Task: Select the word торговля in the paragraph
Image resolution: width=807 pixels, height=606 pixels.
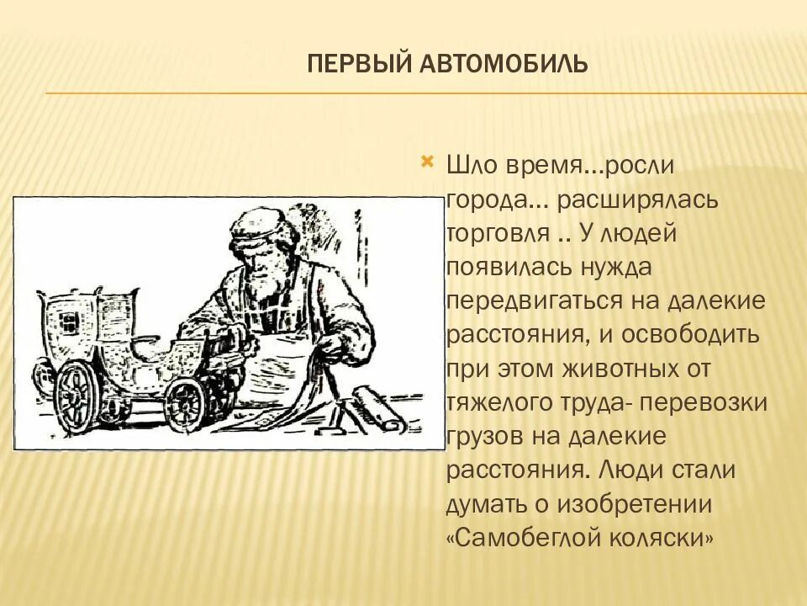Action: click(494, 234)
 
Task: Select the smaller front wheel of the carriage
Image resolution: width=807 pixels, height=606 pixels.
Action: click(185, 402)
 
